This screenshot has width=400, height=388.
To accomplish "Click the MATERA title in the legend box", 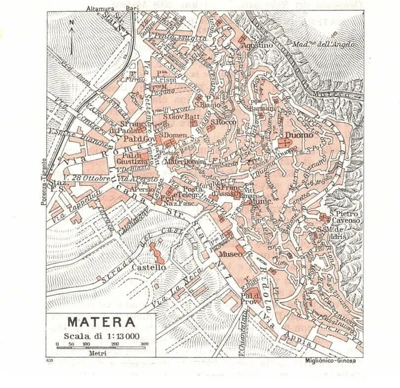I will [x=101, y=322].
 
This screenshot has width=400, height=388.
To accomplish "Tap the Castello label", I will [x=149, y=267].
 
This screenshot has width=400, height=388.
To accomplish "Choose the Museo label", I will [x=230, y=255].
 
